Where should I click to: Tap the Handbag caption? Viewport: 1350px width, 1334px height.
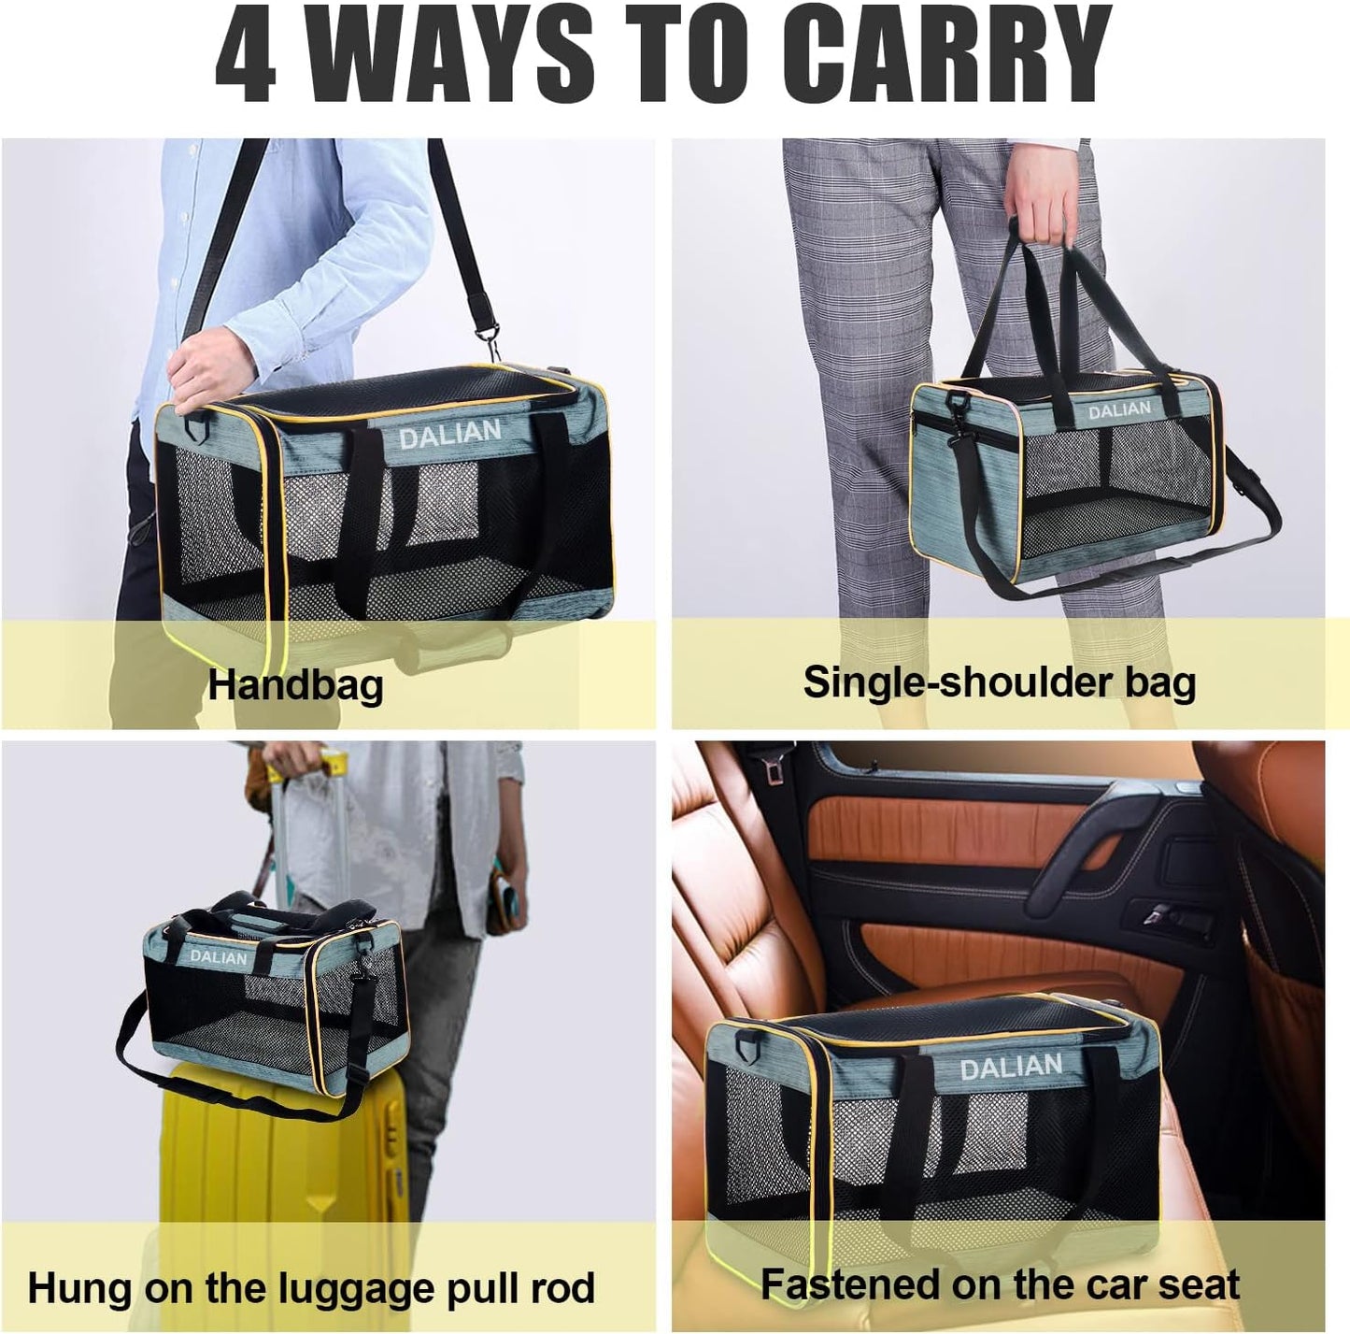(x=295, y=684)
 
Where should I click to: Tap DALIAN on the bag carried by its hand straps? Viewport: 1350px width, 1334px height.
(x=1118, y=410)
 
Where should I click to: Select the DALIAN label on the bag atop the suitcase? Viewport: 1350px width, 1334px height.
(x=219, y=957)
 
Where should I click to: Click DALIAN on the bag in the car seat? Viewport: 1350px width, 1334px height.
(x=1010, y=1067)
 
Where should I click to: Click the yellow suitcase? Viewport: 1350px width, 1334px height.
(x=280, y=1169)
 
